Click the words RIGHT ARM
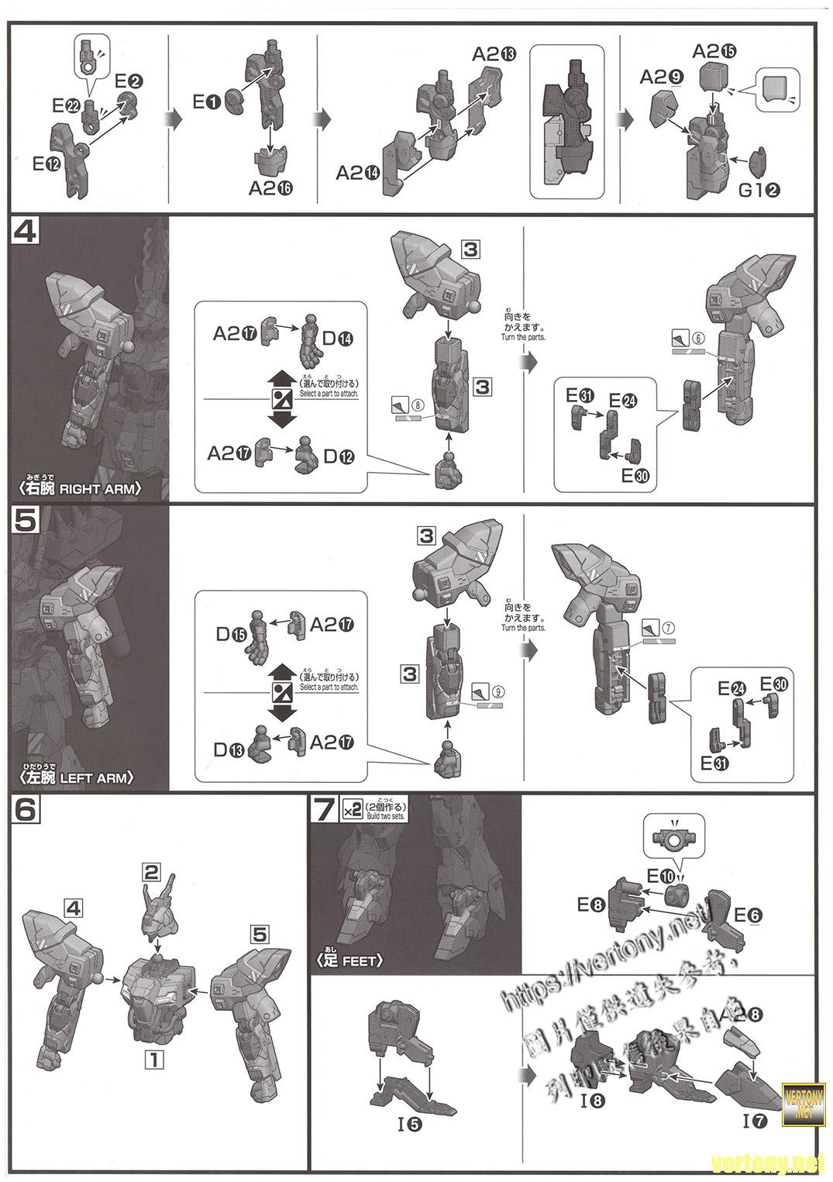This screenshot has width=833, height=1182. [101, 488]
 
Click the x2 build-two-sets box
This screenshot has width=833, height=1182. [352, 810]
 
